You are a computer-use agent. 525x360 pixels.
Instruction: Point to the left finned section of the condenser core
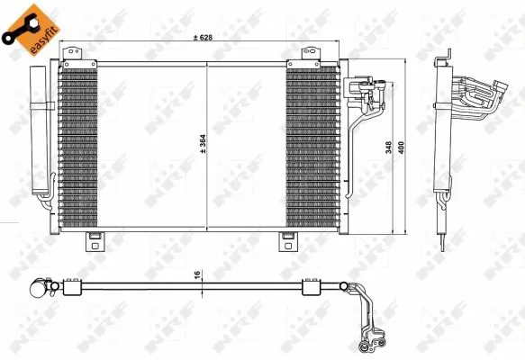(x=76, y=148)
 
